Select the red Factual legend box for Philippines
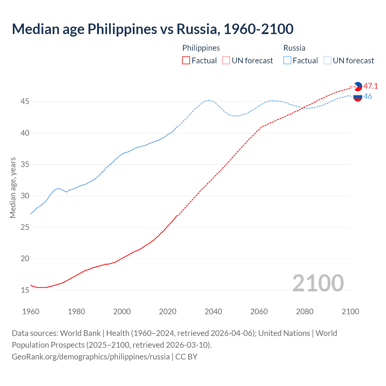tap(186, 61)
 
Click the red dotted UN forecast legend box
tap(226, 61)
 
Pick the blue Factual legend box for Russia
tap(287, 61)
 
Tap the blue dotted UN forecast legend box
tap(327, 61)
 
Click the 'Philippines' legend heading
tap(201, 48)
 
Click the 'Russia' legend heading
tap(294, 48)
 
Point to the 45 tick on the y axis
tap(25, 102)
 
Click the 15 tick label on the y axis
tap(25, 290)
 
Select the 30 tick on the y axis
tap(25, 196)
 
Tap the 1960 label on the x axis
tap(31, 312)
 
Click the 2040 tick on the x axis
tap(213, 312)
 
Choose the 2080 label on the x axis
tap(305, 312)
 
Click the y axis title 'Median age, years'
tap(13, 188)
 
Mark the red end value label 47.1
tap(371, 86)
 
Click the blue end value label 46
tap(368, 96)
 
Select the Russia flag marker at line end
tap(358, 97)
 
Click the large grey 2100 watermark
tap(318, 283)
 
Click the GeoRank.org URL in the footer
tap(90, 357)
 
